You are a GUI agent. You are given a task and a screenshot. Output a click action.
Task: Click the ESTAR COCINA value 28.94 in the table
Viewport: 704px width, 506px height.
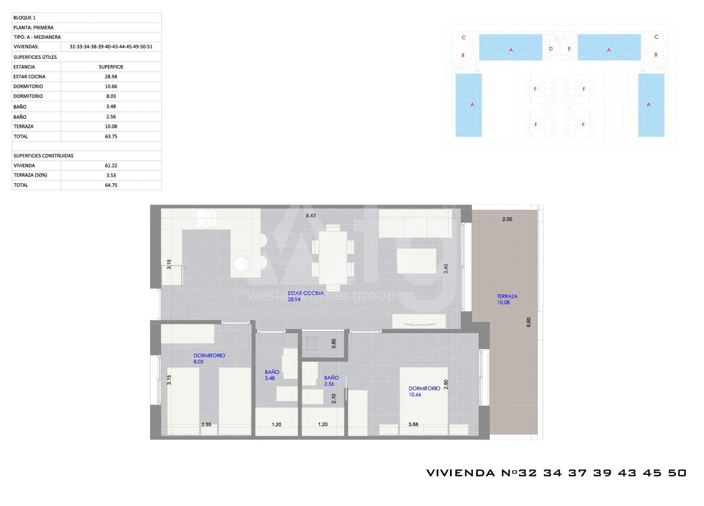coord(111,77)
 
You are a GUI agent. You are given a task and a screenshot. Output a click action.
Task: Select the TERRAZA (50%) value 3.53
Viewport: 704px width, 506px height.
coord(111,175)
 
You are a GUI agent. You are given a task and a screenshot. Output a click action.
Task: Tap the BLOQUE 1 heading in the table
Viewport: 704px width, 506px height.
coord(25,18)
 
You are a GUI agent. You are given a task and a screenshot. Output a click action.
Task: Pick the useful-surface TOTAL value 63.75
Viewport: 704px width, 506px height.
coord(111,136)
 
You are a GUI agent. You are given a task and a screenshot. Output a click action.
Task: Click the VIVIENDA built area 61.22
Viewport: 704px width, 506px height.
coord(111,166)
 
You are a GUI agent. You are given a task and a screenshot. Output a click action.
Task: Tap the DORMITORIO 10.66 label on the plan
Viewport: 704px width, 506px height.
coord(424,391)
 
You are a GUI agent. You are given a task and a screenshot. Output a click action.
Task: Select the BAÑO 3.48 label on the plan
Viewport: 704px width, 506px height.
coord(272,375)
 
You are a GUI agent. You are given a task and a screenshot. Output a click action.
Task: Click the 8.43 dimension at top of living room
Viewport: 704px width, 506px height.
coord(311,216)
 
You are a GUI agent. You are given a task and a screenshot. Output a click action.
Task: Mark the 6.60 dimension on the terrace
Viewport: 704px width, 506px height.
coord(528,322)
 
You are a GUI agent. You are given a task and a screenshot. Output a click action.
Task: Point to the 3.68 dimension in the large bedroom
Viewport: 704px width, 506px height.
coord(413,424)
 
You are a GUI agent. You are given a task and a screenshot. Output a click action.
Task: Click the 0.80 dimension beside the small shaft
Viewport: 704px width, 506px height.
coord(334,344)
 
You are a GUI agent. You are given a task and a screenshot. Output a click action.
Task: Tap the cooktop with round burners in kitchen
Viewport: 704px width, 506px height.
coord(207,219)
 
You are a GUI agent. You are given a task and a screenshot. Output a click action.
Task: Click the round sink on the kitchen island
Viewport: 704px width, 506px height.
coord(241,264)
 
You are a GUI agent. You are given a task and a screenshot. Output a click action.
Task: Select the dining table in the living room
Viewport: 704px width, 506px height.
coord(333,258)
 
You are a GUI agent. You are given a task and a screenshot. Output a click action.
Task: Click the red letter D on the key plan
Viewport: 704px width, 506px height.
coord(551,49)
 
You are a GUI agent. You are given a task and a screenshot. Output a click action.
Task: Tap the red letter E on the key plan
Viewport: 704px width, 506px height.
coord(569,49)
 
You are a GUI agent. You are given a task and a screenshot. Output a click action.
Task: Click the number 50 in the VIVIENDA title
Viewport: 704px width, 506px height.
coord(677,473)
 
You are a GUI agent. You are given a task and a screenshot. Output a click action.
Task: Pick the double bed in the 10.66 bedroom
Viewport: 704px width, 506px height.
coord(424,401)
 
